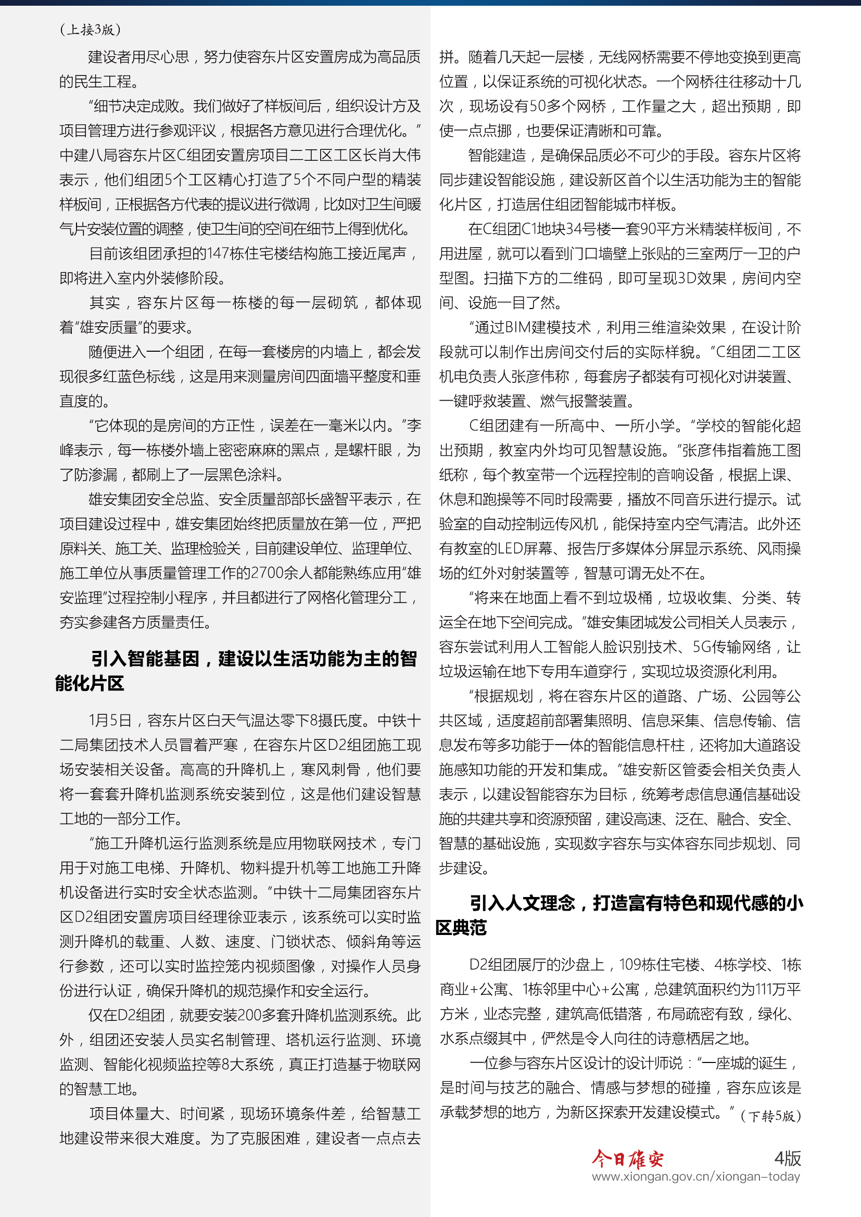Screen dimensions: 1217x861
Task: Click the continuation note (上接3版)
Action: [90, 30]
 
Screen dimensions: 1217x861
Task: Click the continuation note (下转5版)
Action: [770, 1116]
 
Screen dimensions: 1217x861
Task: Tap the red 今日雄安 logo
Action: [628, 1159]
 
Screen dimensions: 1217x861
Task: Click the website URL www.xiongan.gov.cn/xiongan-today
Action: [695, 1177]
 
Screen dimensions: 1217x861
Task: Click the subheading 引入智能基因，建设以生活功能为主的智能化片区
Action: [236, 671]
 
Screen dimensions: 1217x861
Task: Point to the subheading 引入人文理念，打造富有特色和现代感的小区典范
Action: [619, 914]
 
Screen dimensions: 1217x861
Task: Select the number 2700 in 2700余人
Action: [267, 572]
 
